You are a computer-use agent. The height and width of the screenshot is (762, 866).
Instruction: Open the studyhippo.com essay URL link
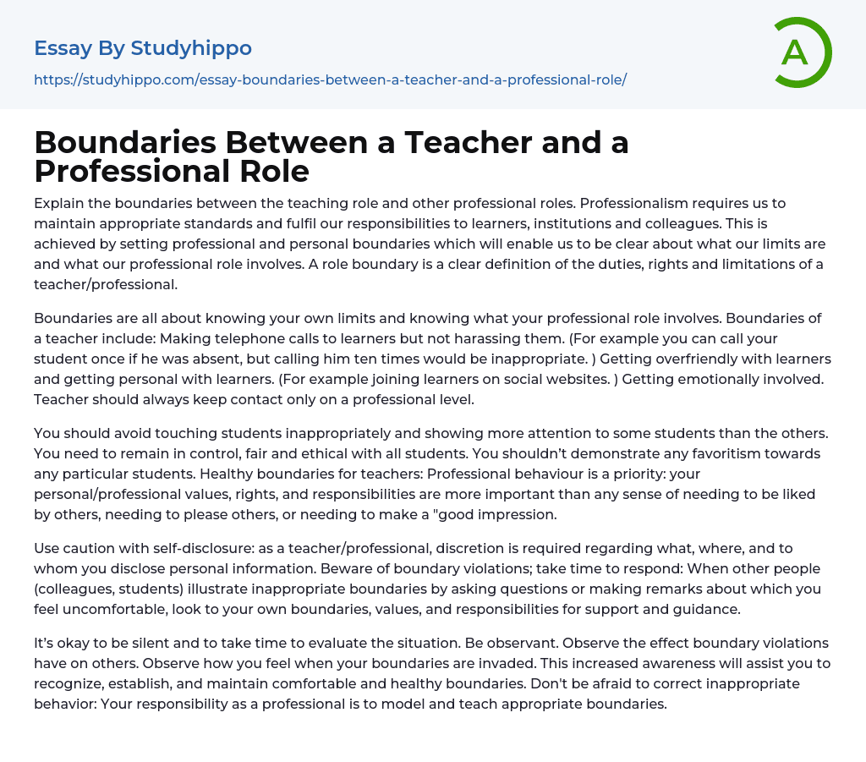[330, 79]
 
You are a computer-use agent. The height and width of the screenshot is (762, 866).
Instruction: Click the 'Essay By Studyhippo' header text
[143, 48]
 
